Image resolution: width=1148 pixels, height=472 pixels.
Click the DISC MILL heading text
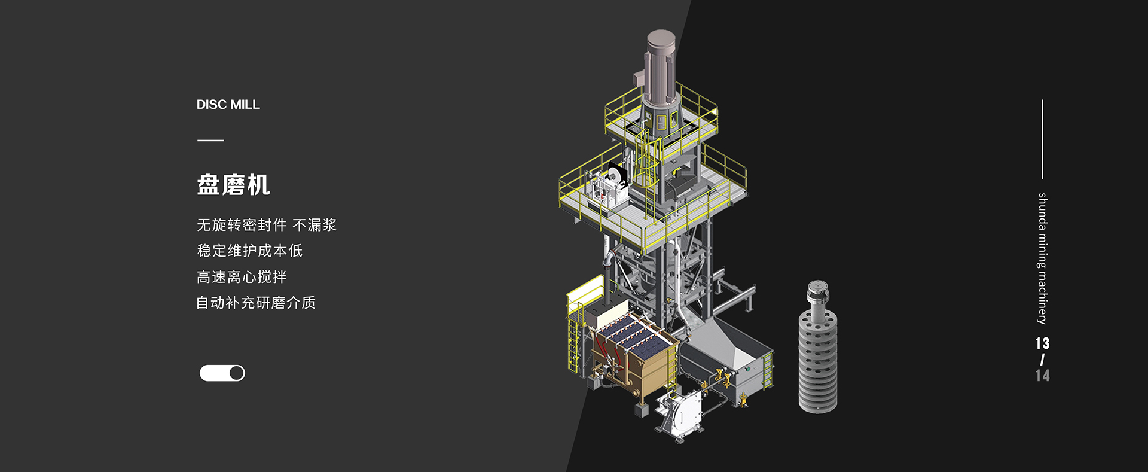click(x=228, y=105)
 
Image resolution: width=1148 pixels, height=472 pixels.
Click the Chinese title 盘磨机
click(x=233, y=185)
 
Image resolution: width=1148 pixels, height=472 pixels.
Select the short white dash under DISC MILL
click(x=210, y=141)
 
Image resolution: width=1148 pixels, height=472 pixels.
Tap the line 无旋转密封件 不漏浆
click(x=267, y=225)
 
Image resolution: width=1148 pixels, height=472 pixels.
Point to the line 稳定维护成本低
click(x=250, y=251)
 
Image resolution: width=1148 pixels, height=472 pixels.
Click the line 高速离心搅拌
click(x=242, y=277)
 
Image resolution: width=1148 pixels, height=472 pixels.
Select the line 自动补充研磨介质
click(x=256, y=303)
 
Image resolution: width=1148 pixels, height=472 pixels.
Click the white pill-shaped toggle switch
click(x=222, y=373)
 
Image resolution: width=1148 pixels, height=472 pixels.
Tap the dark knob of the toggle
click(x=237, y=373)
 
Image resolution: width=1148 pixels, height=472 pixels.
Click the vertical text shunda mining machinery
click(x=1042, y=258)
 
